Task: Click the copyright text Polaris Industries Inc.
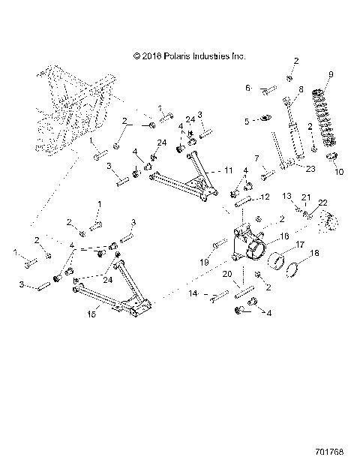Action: tap(188, 55)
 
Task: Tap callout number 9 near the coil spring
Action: tap(330, 74)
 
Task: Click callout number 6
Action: tap(248, 89)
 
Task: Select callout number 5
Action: tap(247, 119)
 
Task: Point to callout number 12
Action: tap(265, 197)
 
